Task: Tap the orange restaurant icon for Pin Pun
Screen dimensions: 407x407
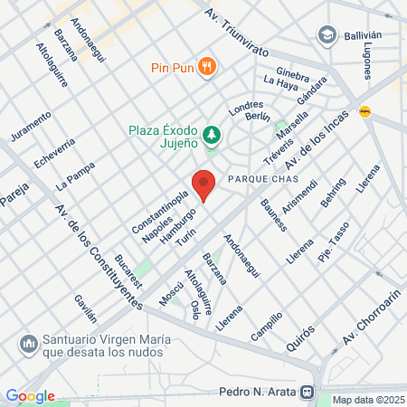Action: point(208,65)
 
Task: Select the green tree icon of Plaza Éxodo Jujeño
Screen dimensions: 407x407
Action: point(212,135)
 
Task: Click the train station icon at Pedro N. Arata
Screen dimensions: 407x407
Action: point(308,393)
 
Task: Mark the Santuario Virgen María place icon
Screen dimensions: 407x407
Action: point(27,345)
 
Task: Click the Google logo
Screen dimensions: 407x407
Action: point(30,395)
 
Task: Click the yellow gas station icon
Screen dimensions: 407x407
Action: point(366,112)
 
